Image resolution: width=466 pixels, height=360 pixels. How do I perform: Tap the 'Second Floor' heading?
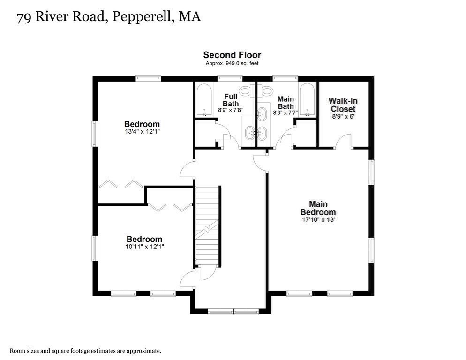tap(232, 55)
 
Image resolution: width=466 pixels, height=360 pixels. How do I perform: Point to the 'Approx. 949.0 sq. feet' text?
tap(232, 63)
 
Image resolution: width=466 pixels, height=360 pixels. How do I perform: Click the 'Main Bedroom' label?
tap(318, 208)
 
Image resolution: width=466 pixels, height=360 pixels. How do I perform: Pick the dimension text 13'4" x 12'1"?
tap(142, 132)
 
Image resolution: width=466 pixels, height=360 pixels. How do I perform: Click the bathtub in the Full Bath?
tap(204, 99)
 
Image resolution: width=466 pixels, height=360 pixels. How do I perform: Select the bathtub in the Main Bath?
tap(307, 99)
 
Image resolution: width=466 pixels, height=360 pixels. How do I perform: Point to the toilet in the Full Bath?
tap(245, 90)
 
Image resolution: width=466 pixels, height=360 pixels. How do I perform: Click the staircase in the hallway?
tap(207, 225)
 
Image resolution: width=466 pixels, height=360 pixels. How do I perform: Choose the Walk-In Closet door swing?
tap(344, 141)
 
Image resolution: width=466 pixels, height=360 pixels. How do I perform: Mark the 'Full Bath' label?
tap(231, 100)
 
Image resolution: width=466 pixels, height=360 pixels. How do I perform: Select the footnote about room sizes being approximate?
tap(86, 350)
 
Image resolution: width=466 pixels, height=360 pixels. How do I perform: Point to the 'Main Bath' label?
tap(286, 103)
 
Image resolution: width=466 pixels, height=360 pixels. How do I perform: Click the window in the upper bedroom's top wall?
tap(148, 79)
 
